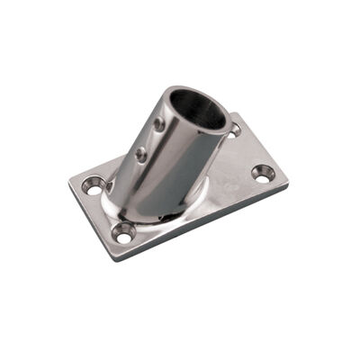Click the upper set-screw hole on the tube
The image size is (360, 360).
tap(159, 123)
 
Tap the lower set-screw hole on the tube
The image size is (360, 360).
tap(141, 155)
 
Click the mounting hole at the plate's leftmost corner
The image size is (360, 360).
tap(92, 186)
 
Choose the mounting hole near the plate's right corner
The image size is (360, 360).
tap(262, 171)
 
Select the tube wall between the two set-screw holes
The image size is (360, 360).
tap(150, 139)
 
